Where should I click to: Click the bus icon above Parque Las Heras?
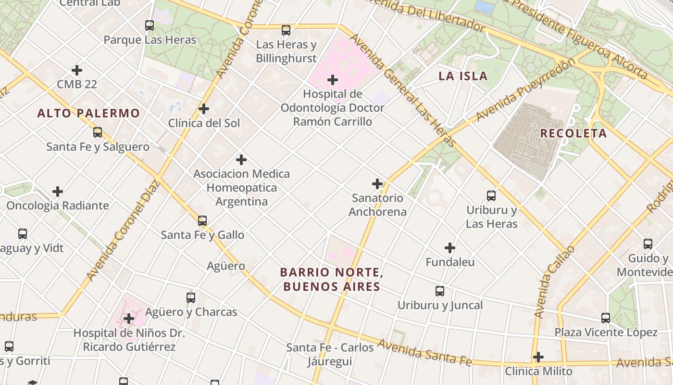(x=150, y=26)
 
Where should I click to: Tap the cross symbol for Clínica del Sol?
(x=204, y=109)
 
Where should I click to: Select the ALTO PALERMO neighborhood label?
(x=88, y=114)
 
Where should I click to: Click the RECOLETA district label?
(x=573, y=133)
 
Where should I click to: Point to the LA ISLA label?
(x=463, y=76)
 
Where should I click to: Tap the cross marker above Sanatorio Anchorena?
(x=377, y=183)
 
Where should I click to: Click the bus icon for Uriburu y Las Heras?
(x=491, y=196)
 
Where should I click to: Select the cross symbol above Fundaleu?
(x=450, y=248)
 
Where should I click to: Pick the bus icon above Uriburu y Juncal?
(x=440, y=291)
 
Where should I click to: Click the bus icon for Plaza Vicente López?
(x=606, y=318)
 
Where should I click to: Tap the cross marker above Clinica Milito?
(x=538, y=357)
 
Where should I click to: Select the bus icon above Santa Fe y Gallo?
(x=202, y=221)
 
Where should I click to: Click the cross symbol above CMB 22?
(x=77, y=70)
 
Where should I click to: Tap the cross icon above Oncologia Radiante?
(x=58, y=192)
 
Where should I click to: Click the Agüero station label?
(x=226, y=266)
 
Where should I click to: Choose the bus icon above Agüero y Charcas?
(x=191, y=298)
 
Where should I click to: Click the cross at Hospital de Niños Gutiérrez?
(x=129, y=319)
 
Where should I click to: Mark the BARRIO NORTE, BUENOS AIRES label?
(x=332, y=280)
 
